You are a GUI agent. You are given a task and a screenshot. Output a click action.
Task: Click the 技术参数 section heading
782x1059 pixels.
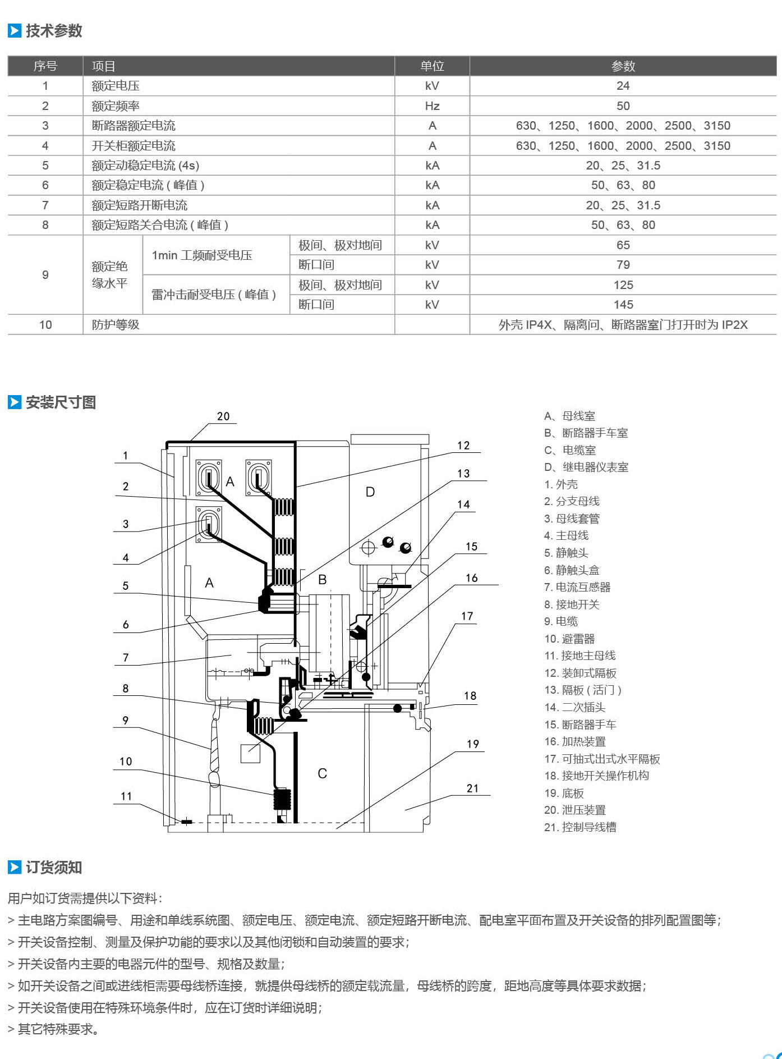54,31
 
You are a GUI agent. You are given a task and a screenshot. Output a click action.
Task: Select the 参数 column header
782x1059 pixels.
623,66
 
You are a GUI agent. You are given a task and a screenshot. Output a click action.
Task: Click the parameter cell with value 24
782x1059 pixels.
623,86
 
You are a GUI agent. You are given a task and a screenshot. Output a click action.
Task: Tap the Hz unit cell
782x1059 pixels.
432,106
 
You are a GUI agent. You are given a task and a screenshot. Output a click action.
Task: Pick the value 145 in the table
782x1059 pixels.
623,305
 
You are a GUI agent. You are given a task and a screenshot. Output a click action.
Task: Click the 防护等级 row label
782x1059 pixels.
116,324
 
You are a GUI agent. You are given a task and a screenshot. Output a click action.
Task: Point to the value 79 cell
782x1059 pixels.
623,265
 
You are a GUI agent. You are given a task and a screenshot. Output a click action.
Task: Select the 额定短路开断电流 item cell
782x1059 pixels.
140,205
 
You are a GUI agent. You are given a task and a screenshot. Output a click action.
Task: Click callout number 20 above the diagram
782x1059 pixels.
223,416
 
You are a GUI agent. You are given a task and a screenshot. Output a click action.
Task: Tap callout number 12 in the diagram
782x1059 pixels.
463,446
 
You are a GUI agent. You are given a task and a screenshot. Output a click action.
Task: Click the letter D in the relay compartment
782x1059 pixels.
370,492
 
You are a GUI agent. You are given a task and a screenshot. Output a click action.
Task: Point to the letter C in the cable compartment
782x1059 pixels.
322,774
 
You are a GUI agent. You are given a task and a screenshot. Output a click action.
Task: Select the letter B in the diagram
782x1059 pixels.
323,580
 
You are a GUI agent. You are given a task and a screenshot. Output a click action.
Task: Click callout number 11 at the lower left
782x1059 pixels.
126,796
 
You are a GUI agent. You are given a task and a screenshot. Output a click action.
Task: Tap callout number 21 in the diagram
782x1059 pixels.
473,788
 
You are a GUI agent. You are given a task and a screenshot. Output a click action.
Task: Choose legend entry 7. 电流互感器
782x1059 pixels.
577,588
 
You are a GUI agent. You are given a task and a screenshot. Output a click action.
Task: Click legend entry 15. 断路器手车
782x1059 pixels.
580,725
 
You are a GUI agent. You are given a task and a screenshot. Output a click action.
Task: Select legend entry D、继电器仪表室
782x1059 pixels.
586,467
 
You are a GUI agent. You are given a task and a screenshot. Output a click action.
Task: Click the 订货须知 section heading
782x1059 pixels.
54,868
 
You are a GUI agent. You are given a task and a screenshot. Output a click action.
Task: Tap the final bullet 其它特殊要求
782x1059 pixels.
54,1029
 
